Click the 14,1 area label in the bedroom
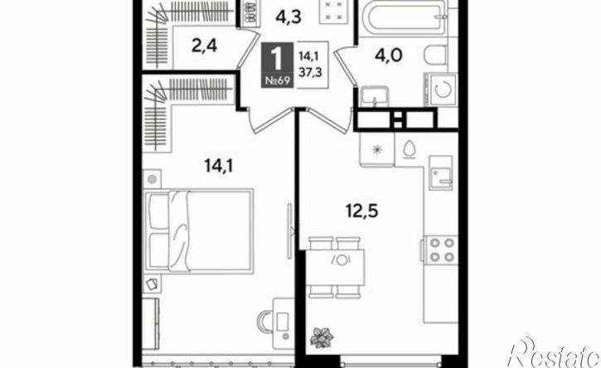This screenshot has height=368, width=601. pyautogui.click(x=219, y=167)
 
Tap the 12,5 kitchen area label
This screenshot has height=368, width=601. pyautogui.click(x=361, y=211)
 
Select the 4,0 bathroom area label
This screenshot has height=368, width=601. pyautogui.click(x=389, y=56)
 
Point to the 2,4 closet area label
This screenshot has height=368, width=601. pyautogui.click(x=204, y=46)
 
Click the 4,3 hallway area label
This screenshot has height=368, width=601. pyautogui.click(x=288, y=17)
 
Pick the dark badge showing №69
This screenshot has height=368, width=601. pyautogui.click(x=278, y=65)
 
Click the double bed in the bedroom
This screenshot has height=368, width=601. pyautogui.click(x=199, y=230)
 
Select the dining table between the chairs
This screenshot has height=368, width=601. pyautogui.click(x=336, y=268)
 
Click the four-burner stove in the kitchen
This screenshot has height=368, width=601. pyautogui.click(x=441, y=249)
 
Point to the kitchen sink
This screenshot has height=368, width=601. pyautogui.click(x=441, y=172)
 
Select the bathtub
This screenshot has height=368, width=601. pyautogui.click(x=403, y=14)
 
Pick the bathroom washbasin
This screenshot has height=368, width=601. pyautogui.click(x=375, y=96)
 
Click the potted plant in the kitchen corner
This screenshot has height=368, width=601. pyautogui.click(x=322, y=337)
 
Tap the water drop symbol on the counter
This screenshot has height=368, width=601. pyautogui.click(x=410, y=149)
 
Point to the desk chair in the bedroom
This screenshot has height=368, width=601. pyautogui.click(x=265, y=322)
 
